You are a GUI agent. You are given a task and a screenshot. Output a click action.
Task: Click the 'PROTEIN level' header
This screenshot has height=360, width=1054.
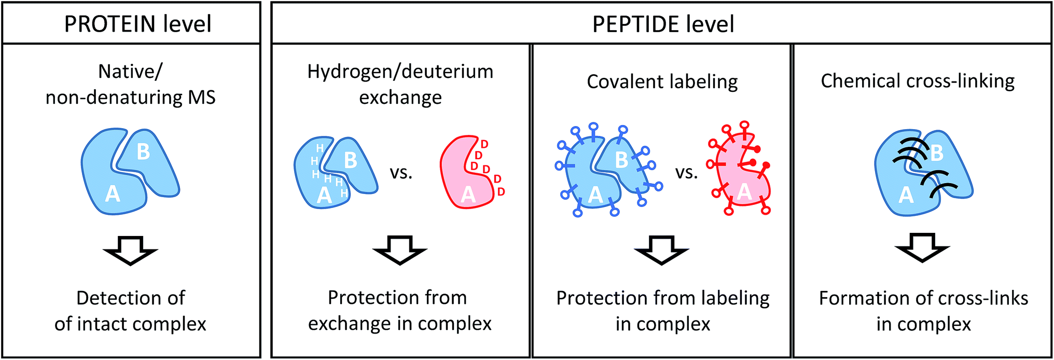click(137, 24)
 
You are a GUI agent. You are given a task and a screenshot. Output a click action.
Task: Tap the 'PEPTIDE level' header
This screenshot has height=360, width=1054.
click(663, 24)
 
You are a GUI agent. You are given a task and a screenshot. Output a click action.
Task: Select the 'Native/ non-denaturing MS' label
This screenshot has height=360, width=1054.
click(130, 84)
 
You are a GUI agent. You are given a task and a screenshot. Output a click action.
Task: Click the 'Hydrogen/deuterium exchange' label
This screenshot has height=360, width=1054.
click(400, 84)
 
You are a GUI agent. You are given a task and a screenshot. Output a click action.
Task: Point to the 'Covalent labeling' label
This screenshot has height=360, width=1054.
click(662, 81)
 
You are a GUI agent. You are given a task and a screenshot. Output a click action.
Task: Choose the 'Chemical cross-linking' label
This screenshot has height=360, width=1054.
click(918, 81)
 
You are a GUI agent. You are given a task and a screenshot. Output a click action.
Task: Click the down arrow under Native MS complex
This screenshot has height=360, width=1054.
click(130, 251)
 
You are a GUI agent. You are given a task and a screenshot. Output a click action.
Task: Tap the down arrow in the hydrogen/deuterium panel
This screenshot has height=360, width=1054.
click(399, 250)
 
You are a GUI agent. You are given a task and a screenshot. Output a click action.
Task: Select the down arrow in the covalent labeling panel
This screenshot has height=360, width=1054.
click(661, 250)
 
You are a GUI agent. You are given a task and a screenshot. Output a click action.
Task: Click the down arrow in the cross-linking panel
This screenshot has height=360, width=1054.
click(923, 248)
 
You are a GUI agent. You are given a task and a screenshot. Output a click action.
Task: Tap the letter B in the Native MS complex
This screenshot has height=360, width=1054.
click(143, 152)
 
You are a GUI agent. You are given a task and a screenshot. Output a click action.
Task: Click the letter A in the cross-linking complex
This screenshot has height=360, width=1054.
click(906, 195)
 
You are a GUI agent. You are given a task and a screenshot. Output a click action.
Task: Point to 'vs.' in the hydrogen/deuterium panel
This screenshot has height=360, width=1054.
click(401, 173)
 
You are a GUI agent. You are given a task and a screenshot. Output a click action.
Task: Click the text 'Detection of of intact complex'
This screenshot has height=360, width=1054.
click(130, 311)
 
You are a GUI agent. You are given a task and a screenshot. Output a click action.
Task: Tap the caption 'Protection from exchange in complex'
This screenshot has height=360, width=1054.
click(399, 310)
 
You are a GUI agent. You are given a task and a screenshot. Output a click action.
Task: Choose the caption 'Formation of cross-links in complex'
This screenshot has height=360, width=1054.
click(923, 311)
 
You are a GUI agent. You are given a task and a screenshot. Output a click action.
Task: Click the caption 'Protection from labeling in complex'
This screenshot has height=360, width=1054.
click(662, 311)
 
